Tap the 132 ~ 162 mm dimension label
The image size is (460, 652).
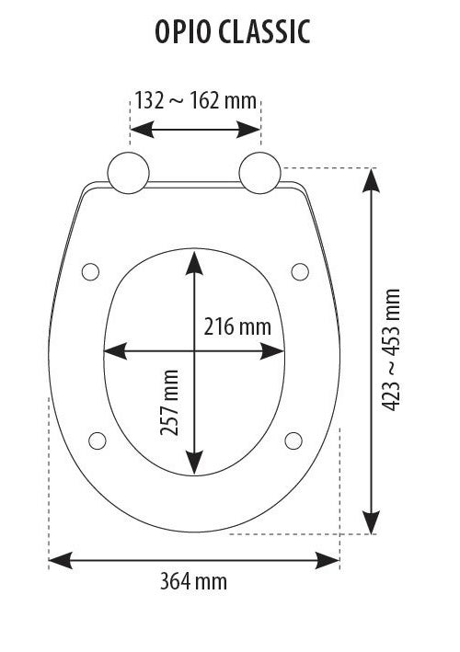click(195, 101)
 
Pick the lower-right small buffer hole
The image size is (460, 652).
click(293, 438)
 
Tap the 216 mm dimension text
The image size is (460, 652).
click(237, 326)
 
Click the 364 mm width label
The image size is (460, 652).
click(193, 581)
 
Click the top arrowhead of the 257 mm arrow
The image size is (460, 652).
click(194, 263)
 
